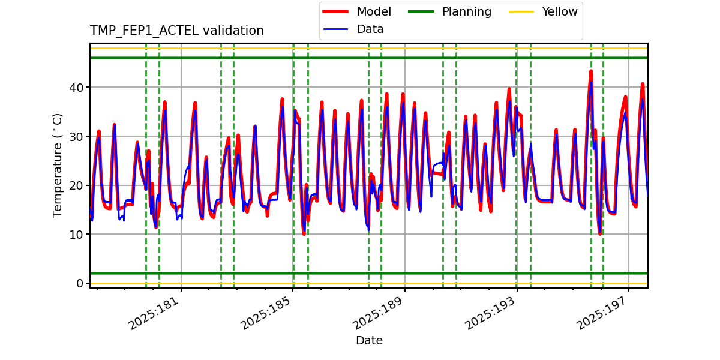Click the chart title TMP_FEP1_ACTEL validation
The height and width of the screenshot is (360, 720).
pos(176,31)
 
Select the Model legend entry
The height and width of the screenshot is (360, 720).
pos(373,12)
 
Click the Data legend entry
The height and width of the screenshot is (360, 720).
pos(370,29)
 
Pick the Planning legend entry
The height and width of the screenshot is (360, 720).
pos(466,12)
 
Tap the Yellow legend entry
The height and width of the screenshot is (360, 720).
pos(559,12)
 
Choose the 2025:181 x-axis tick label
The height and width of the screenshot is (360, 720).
pos(155,312)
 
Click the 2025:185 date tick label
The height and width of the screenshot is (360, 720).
pos(266,312)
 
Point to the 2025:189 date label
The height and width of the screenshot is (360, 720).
pos(379,312)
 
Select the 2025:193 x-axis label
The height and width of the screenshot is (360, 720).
pos(491,312)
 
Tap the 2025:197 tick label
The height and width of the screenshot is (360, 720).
pos(602,312)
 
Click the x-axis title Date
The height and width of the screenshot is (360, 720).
pos(369,341)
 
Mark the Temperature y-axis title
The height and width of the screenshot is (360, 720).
pos(58,165)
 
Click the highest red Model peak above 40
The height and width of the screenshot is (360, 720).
pos(591,71)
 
